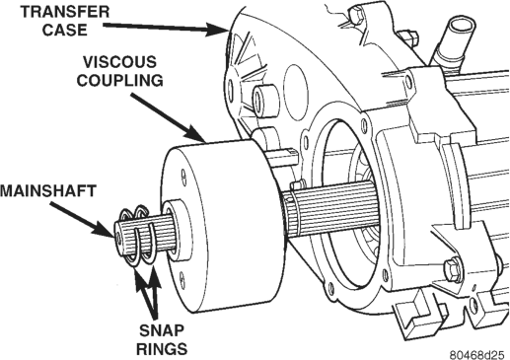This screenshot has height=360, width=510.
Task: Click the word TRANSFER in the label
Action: [65, 12]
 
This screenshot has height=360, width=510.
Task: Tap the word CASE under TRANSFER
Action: [64, 30]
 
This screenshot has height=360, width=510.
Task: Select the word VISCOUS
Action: [119, 62]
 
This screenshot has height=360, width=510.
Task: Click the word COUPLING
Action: [119, 80]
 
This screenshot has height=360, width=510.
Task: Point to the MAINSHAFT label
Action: [48, 191]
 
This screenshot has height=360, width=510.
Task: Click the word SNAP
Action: [162, 330]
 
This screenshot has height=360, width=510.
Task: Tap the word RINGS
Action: [162, 348]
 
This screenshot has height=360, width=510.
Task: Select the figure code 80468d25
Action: [476, 355]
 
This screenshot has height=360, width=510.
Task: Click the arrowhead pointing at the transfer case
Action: [216, 30]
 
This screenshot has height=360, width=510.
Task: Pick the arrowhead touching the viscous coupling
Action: [195, 135]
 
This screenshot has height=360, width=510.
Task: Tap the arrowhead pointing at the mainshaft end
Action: [105, 229]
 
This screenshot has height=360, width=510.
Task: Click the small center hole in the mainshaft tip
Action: [117, 236]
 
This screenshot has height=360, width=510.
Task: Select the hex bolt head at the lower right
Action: [453, 269]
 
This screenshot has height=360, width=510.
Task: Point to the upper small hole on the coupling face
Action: [183, 176]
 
